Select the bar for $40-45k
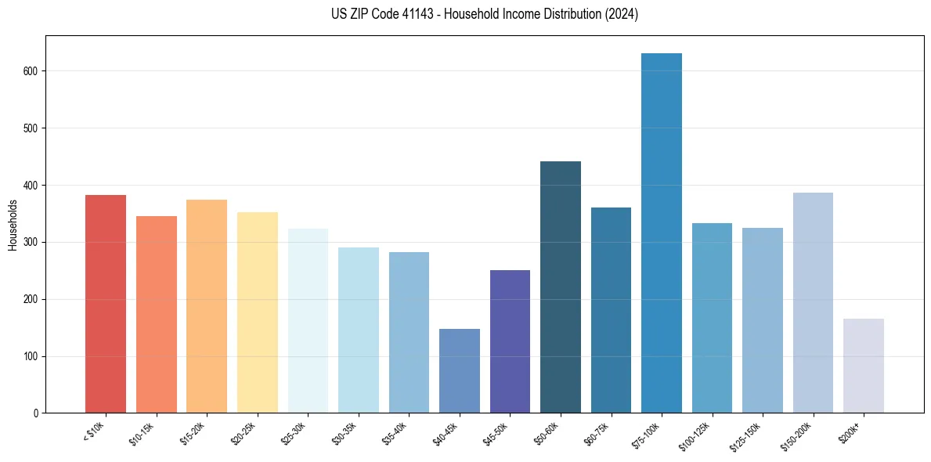459,371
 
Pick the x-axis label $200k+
849,429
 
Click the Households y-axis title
13,224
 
